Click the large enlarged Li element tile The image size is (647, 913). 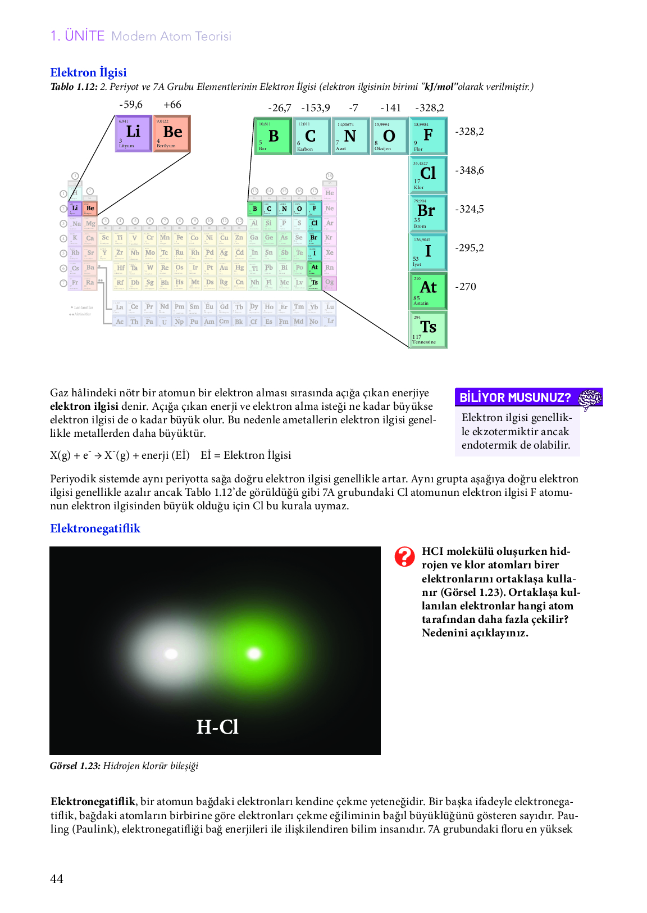[133, 134]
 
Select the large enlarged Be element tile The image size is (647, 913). [172, 134]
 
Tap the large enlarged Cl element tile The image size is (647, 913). [428, 175]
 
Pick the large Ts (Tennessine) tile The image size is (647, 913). [428, 329]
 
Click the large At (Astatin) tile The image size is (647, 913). [428, 291]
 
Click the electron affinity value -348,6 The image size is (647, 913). [470, 170]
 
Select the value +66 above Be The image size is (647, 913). [172, 105]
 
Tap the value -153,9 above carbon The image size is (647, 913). [316, 108]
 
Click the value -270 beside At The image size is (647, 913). [466, 287]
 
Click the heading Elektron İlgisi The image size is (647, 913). [88, 73]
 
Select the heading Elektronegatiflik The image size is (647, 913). [95, 528]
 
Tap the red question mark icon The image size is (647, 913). [404, 557]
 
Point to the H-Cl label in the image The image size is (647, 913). [217, 727]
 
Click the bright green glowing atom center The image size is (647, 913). [254, 653]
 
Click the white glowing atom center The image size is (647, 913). [171, 654]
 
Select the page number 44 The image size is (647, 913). [57, 879]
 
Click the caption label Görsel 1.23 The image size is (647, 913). [75, 766]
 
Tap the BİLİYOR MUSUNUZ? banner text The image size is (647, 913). [515, 397]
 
